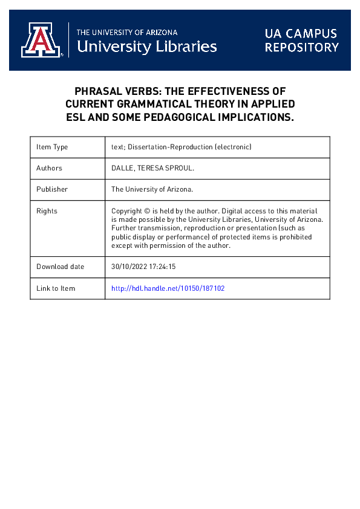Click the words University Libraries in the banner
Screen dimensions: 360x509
point(147,46)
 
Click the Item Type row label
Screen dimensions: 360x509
point(52,147)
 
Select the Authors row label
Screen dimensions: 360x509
point(49,168)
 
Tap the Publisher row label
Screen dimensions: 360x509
point(52,189)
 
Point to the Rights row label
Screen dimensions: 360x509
point(47,211)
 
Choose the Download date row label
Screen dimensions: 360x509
point(60,267)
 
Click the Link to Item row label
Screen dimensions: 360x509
point(56,288)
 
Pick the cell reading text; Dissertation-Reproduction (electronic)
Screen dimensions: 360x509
point(181,147)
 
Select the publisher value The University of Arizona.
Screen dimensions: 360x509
point(152,189)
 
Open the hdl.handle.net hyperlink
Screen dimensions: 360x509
point(168,288)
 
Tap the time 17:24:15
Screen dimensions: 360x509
point(163,267)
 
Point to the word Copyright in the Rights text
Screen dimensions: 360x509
point(127,211)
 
